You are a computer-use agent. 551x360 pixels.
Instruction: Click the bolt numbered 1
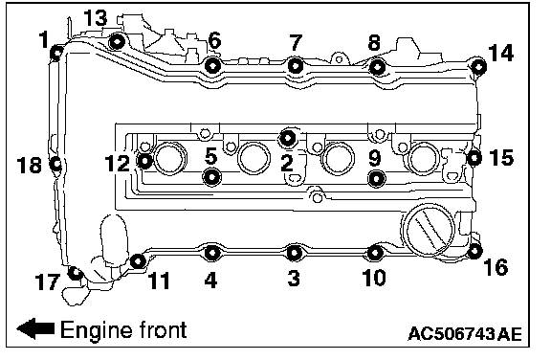pos(56,53)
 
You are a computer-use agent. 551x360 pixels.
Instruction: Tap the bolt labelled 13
pos(117,42)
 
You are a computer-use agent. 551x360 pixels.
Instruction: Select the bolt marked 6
pos(213,65)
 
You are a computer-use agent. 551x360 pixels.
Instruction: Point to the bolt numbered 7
pos(296,66)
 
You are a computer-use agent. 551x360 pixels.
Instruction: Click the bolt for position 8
pos(378,67)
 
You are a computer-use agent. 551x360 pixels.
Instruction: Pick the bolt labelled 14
pos(478,66)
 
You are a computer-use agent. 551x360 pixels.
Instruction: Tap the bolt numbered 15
pos(474,158)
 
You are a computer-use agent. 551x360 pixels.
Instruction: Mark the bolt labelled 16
pos(474,251)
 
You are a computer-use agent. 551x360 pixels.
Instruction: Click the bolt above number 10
pos(375,253)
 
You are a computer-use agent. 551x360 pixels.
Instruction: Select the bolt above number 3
pos(294,253)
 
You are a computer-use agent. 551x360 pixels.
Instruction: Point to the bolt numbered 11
pos(138,261)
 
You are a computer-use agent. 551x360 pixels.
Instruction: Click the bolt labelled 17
pos(76,273)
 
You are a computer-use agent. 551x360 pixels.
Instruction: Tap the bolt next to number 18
pos(55,164)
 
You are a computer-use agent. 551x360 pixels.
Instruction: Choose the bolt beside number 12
pos(144,162)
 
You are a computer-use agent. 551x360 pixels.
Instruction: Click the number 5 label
pos(210,156)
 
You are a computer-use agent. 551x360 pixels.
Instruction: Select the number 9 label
pos(375,158)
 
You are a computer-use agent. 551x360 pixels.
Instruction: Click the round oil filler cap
pos(428,229)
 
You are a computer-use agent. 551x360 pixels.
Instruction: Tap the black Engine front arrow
pos(35,328)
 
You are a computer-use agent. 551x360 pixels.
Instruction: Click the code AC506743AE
pos(465,333)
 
